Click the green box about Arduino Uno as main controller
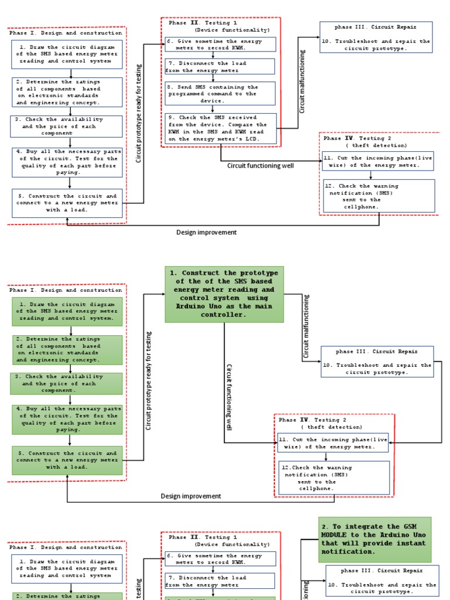224,294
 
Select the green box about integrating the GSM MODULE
375,539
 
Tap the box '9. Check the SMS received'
220,128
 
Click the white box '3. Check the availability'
67,126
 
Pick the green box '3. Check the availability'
67,383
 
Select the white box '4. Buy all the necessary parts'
67,162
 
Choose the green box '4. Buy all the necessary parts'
67,419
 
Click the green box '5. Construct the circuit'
67,460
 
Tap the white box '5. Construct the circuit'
67,203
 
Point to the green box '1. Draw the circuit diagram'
67,311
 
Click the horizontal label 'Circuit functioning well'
261,166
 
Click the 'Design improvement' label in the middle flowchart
191,496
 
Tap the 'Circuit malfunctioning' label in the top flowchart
302,81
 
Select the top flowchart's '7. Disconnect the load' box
220,67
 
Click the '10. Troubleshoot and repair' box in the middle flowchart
377,361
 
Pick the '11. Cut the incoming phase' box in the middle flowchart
333,442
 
